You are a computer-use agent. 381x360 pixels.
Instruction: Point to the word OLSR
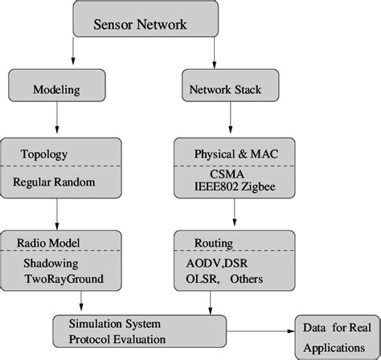tap(193, 278)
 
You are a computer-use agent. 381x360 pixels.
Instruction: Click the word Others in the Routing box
tap(248, 278)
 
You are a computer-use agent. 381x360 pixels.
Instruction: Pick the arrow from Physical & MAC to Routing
tap(234, 212)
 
